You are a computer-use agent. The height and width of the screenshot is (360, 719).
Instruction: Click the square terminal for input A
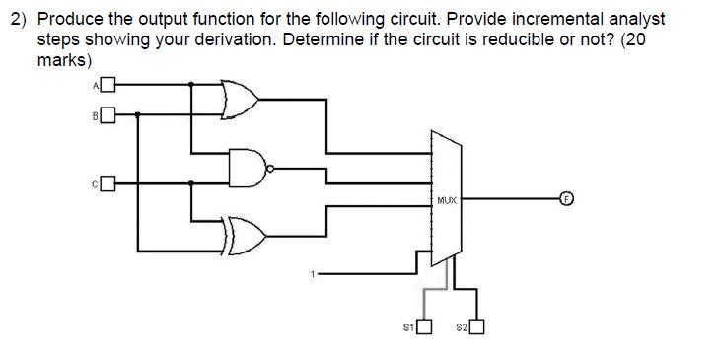click(x=107, y=85)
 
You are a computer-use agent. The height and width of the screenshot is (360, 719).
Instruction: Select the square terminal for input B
click(x=107, y=114)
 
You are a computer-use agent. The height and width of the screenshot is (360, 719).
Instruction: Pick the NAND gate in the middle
click(x=248, y=167)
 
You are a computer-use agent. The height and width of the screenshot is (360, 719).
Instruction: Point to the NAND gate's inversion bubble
click(x=270, y=167)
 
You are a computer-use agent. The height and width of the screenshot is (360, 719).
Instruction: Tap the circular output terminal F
click(x=567, y=198)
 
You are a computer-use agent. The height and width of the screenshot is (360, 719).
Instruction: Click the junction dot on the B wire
click(x=137, y=114)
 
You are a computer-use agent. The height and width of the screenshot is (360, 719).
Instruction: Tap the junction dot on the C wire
click(x=190, y=182)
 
